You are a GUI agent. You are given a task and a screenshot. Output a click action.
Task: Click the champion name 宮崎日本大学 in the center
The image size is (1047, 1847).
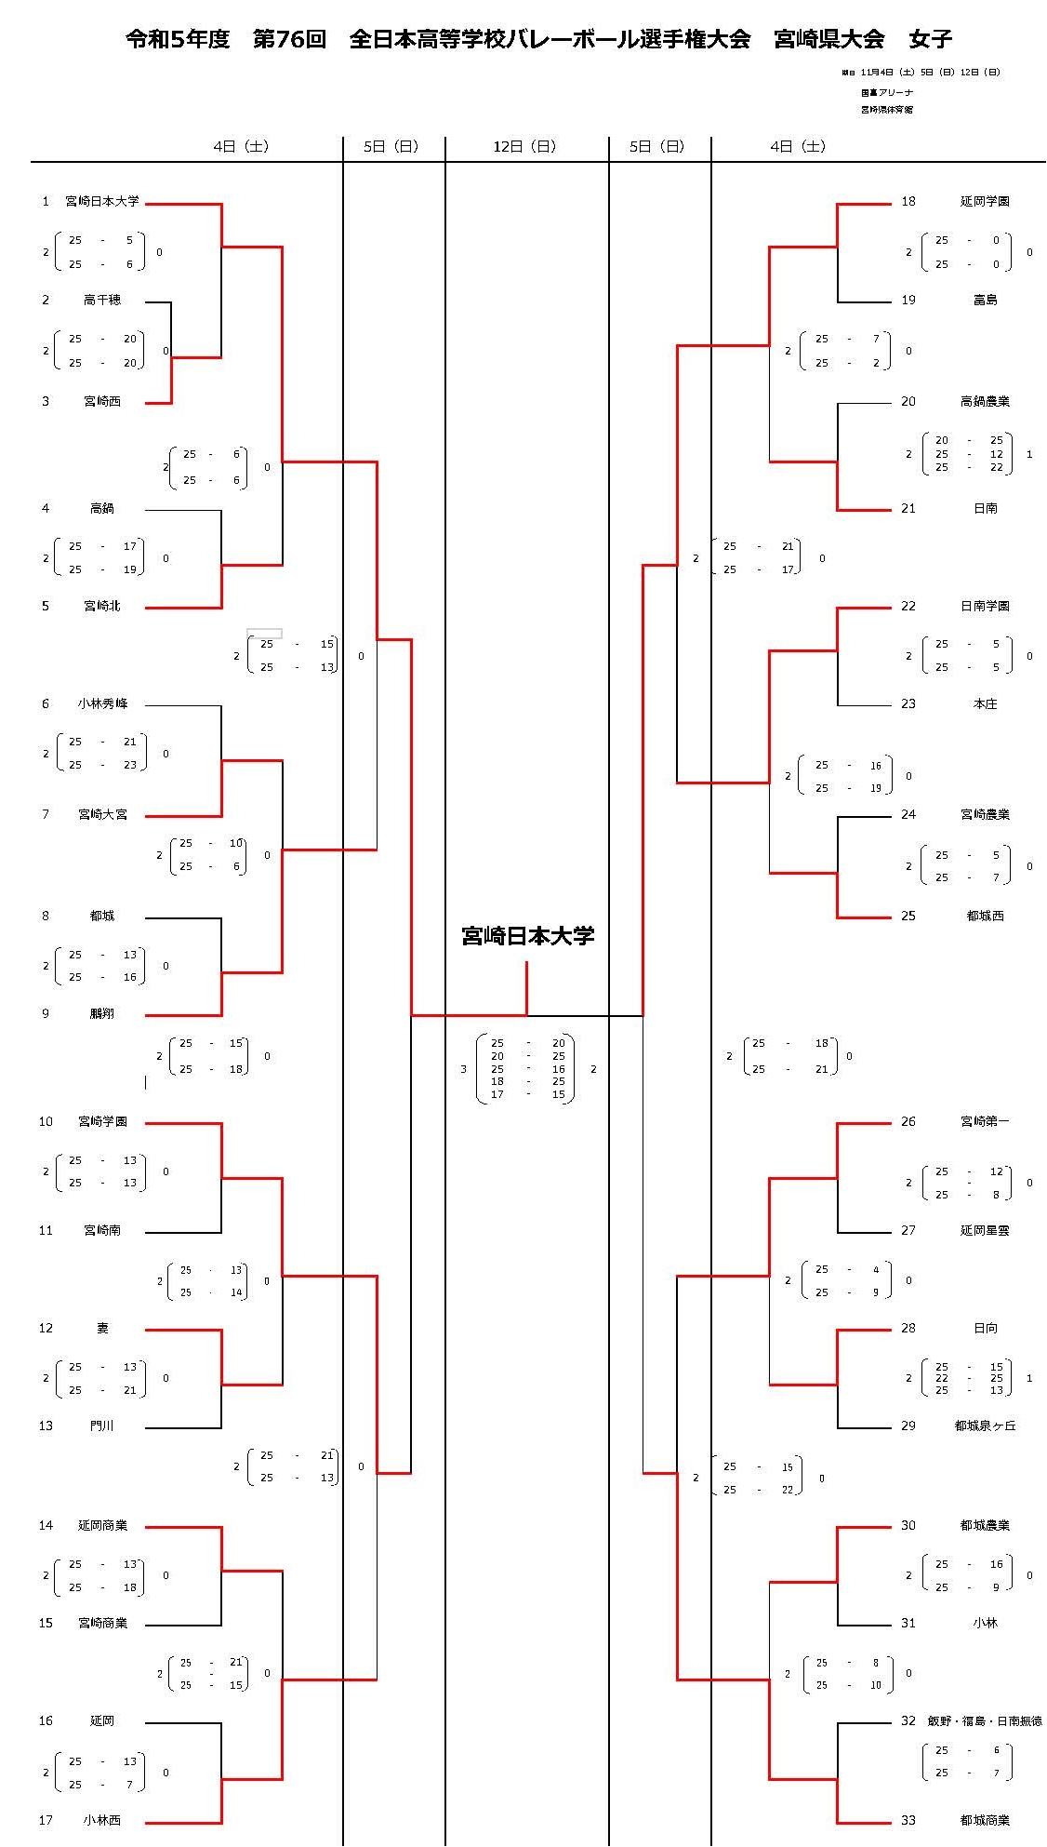click(x=527, y=936)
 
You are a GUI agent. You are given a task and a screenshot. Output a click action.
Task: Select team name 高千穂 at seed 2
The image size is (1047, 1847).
click(x=102, y=300)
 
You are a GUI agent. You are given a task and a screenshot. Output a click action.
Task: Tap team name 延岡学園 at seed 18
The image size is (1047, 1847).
click(x=985, y=201)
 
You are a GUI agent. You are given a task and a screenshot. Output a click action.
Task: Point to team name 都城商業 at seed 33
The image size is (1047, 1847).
click(x=985, y=1820)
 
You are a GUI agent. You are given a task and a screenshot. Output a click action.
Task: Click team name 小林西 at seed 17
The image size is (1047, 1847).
click(x=102, y=1820)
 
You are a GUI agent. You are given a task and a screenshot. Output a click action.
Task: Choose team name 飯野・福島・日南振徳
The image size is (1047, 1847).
click(x=985, y=1720)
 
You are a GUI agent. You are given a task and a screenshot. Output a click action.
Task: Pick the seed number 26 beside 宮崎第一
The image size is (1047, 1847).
click(x=908, y=1121)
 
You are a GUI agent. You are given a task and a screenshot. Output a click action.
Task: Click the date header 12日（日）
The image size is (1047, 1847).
click(x=526, y=146)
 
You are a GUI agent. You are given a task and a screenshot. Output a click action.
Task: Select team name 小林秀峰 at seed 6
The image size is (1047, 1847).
click(x=102, y=703)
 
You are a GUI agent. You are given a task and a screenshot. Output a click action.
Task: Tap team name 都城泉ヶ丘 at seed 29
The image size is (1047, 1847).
click(x=985, y=1425)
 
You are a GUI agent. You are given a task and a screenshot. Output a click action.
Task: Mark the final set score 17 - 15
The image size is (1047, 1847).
click(x=527, y=1094)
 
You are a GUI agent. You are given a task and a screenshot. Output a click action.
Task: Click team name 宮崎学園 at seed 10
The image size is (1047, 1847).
click(x=102, y=1121)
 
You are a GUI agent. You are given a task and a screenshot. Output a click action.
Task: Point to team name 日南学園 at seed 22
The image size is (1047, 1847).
click(x=985, y=606)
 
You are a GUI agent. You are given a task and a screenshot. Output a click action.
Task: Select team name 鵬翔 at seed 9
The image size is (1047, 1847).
click(x=102, y=1013)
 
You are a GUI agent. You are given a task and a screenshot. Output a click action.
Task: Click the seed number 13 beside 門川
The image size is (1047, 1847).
click(x=46, y=1425)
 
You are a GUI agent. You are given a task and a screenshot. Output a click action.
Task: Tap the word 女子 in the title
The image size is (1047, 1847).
click(x=931, y=39)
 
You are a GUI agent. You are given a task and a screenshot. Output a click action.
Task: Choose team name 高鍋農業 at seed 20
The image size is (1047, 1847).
click(x=985, y=401)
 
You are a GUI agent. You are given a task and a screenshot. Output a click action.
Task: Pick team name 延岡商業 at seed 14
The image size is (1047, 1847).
click(x=102, y=1525)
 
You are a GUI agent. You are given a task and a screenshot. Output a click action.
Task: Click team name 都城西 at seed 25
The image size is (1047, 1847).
click(x=985, y=916)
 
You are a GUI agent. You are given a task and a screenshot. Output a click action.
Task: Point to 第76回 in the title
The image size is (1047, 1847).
click(x=289, y=39)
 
